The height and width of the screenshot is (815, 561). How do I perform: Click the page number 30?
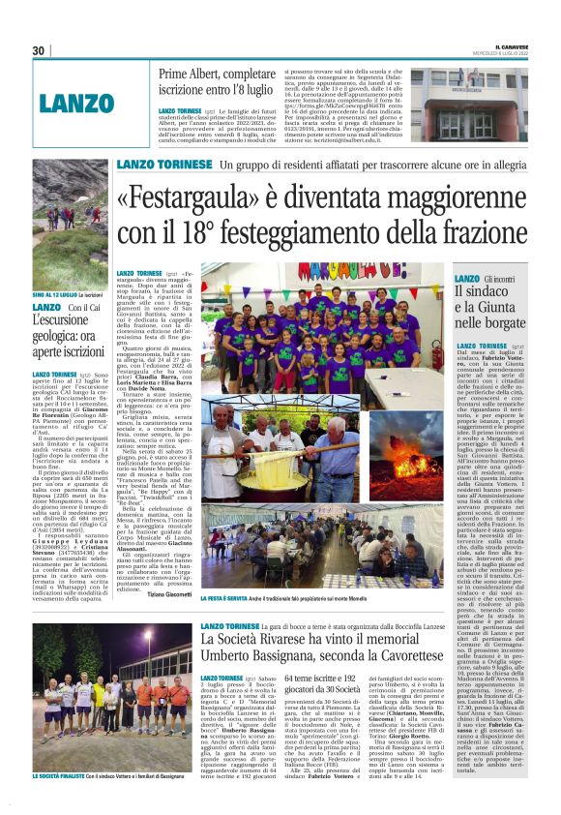tap(39, 50)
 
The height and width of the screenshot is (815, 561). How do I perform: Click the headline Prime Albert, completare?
tap(221, 74)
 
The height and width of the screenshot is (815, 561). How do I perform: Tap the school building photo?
tap(469, 104)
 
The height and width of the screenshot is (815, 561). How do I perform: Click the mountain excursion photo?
tap(68, 227)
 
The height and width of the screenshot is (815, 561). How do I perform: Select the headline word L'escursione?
tap(68, 320)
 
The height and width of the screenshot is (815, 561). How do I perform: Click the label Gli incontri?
tap(499, 279)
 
